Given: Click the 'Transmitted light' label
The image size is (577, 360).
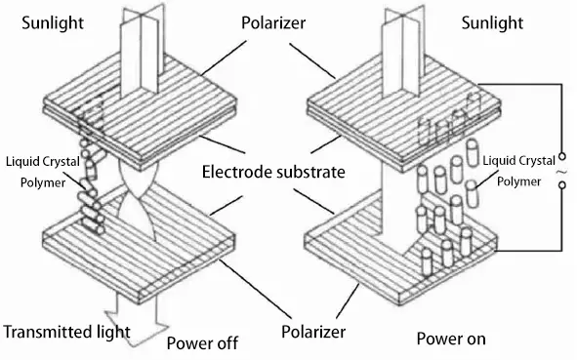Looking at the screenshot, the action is (66, 332).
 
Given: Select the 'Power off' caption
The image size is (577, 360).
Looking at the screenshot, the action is (202, 343).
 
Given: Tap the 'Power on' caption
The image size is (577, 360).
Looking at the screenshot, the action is (451, 339).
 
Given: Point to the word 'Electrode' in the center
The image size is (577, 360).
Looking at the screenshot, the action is (236, 172).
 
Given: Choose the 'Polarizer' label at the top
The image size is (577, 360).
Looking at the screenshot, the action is (273, 22).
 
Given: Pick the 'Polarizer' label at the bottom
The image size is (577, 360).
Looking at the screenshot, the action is (313, 332).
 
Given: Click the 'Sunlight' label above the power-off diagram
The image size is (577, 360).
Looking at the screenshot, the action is (53, 22).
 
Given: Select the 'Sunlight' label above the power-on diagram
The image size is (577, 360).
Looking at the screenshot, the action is (492, 22).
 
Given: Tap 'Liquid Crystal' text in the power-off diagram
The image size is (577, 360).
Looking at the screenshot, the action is (43, 162).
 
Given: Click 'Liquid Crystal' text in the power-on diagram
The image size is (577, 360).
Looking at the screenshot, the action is (518, 161).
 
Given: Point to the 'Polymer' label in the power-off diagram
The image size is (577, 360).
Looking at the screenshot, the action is (43, 182).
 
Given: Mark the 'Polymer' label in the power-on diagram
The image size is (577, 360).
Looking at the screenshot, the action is (518, 181).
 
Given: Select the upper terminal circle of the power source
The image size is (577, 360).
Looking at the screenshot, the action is (562, 157).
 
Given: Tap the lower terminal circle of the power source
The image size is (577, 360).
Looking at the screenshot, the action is (562, 185).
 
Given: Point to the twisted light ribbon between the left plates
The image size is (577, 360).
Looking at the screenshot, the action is (138, 200).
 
